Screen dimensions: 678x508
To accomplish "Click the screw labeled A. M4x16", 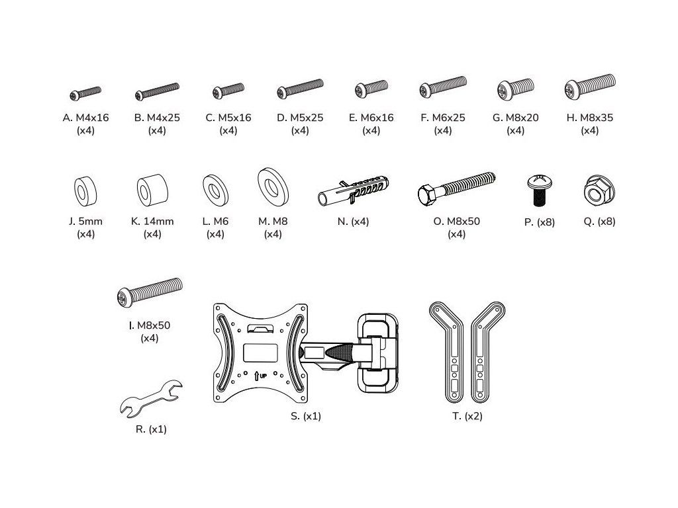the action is pos(86,93).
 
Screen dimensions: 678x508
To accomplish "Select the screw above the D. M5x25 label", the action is pos(300,89).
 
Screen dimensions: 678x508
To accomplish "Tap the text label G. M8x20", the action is pos(515,118).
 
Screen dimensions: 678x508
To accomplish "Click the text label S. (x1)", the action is pos(306,417).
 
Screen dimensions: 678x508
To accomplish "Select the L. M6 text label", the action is pos(216,222).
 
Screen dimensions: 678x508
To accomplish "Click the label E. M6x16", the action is pos(371,118).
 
